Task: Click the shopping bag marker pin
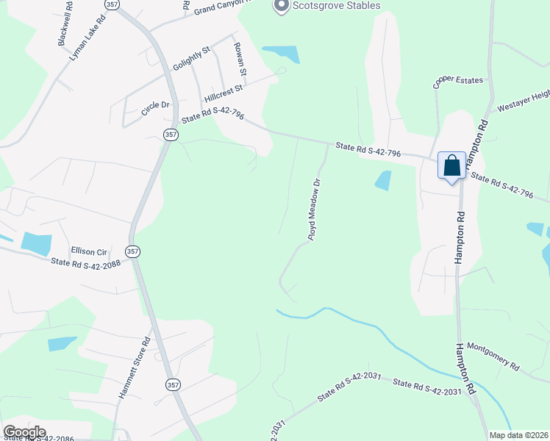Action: pyautogui.click(x=451, y=165)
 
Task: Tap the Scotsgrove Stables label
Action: pyautogui.click(x=337, y=6)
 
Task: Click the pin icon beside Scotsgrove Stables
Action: pyautogui.click(x=280, y=6)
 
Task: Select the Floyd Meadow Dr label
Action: pyautogui.click(x=315, y=209)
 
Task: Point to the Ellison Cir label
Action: pyautogui.click(x=89, y=251)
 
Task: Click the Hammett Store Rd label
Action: pyautogui.click(x=135, y=368)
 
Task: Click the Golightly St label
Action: pyautogui.click(x=191, y=57)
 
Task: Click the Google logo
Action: pyautogui.click(x=24, y=431)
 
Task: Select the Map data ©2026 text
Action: pyautogui.click(x=518, y=435)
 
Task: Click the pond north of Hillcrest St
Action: pyautogui.click(x=282, y=54)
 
